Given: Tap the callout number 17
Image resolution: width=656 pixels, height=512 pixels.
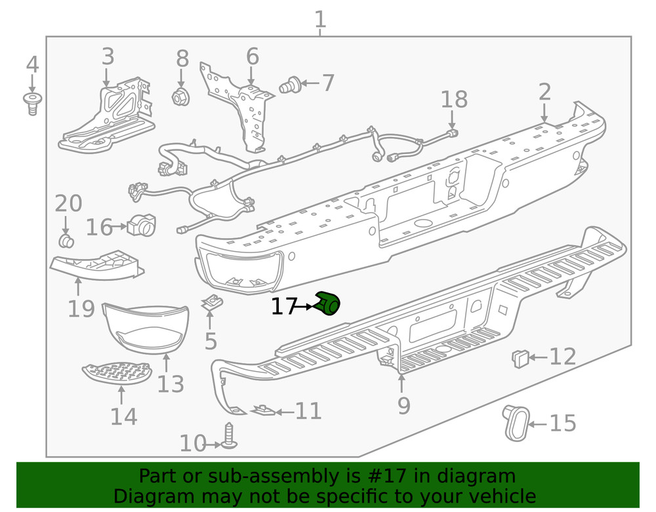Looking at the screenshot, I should tap(285, 306).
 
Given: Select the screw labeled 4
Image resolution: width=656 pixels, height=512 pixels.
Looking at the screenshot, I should tap(31, 103).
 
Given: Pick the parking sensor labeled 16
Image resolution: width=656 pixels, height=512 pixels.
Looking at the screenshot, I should tap(141, 226).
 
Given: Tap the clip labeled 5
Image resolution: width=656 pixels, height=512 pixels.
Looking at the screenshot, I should tap(211, 302).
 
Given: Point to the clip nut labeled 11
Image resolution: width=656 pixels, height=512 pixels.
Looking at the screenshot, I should tap(264, 410).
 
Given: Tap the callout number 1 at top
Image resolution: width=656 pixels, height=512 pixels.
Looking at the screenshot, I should tap(319, 19).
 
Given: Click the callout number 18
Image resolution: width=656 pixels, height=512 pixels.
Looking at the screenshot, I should tap(454, 100).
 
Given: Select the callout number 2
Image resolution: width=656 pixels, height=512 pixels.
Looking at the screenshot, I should tap(544, 92).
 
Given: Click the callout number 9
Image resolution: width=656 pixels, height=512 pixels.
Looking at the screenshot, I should tap(403, 406).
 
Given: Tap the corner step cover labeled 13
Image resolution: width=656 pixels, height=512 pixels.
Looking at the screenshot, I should tap(146, 328).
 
